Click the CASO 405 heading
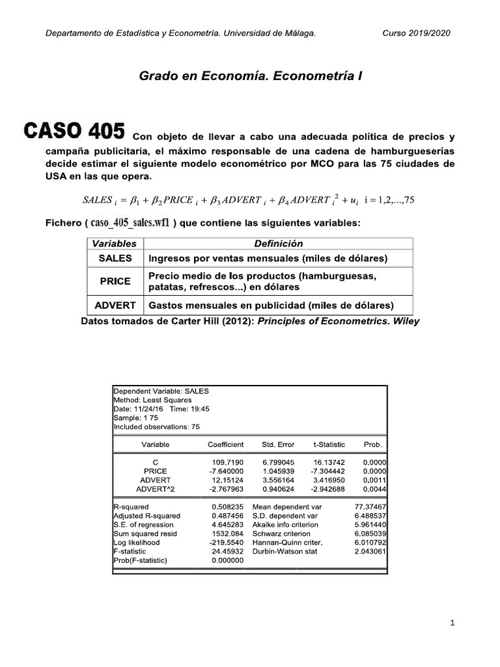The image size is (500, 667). pos(74,132)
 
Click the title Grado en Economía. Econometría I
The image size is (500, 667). pos(251,76)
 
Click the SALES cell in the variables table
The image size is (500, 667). pos(115,258)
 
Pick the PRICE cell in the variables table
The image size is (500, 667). pos(115,281)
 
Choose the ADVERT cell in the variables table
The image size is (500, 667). pos(115,305)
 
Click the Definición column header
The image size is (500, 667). pos(279,244)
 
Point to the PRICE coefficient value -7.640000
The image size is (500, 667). pos(225,471)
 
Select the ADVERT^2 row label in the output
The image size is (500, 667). pos(155,489)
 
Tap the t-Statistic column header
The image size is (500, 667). pos(329,444)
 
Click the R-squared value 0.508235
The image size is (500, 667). pos(228,506)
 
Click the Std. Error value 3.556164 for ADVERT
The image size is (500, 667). pos(278,479)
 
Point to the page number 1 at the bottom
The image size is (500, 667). pos(452,623)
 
